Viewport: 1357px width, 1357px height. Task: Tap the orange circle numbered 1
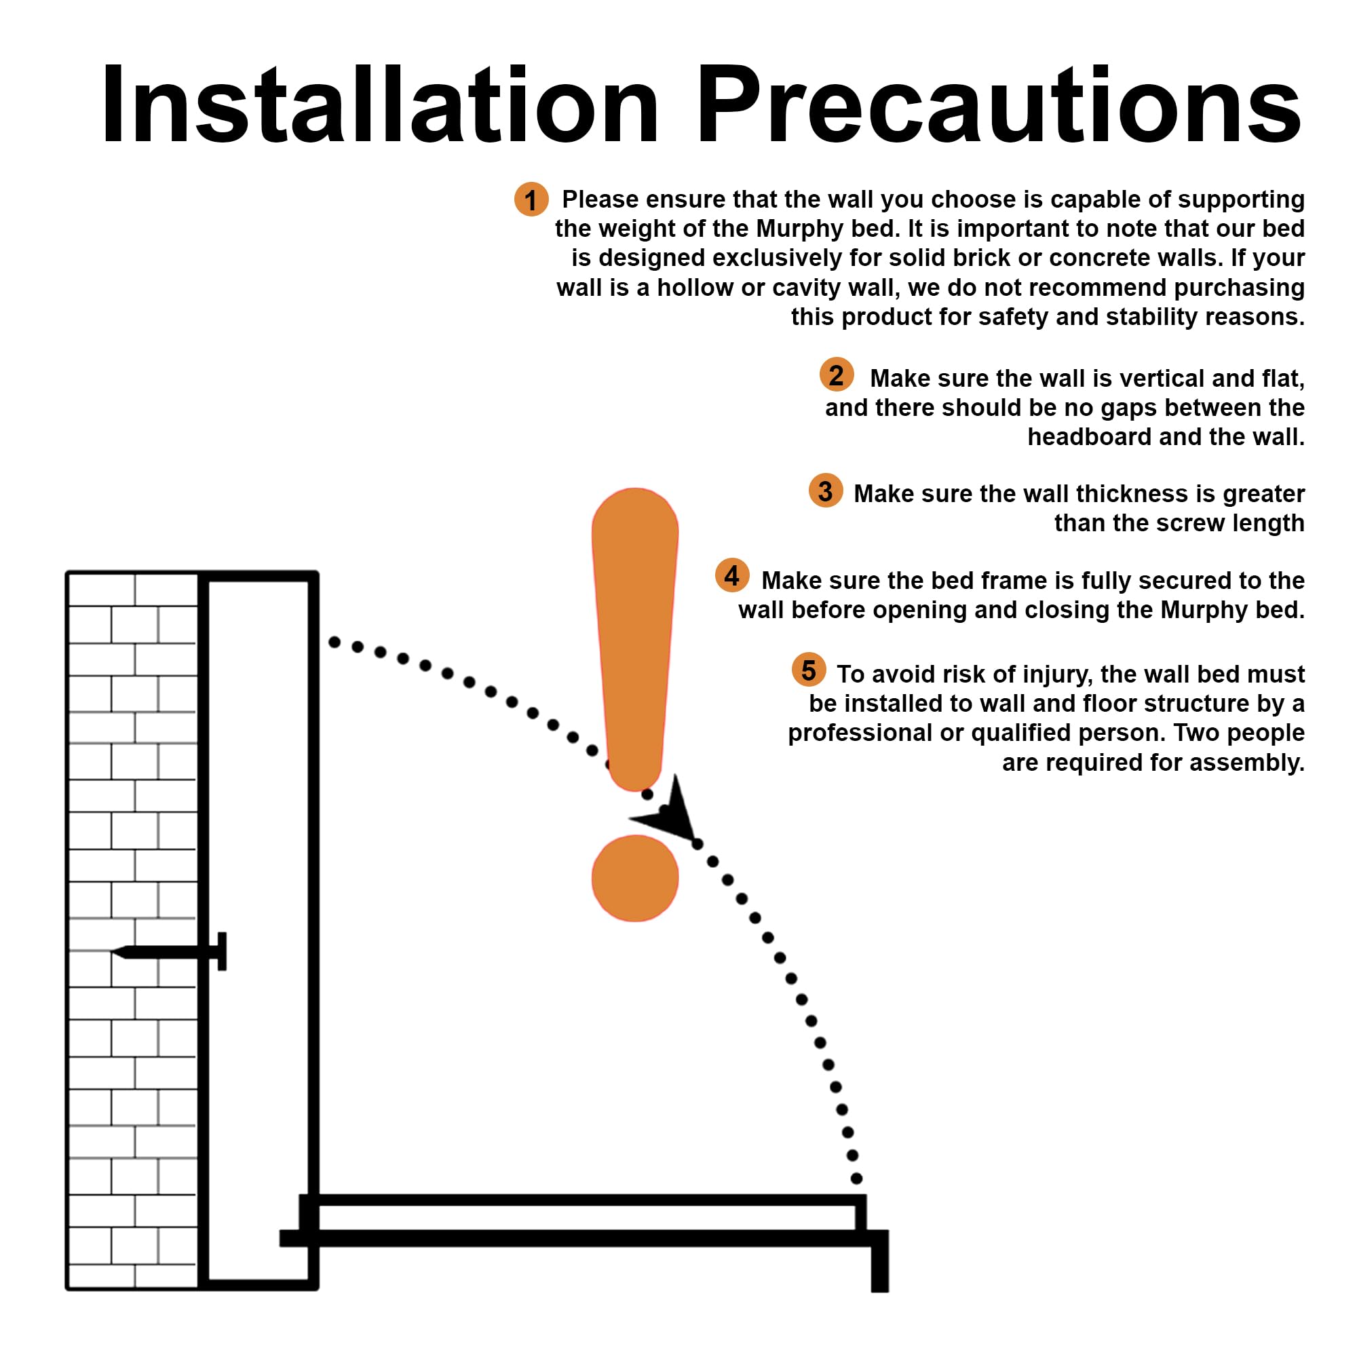pyautogui.click(x=531, y=199)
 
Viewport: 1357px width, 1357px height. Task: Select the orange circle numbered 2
pyautogui.click(x=837, y=375)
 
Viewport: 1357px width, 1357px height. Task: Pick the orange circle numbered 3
pyautogui.click(x=826, y=491)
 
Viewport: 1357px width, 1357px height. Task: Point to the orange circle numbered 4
pyautogui.click(x=732, y=576)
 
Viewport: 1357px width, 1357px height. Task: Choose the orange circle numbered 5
pyautogui.click(x=809, y=670)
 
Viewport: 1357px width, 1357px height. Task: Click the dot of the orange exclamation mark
pyautogui.click(x=635, y=878)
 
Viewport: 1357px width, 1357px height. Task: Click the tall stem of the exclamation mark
pyautogui.click(x=635, y=639)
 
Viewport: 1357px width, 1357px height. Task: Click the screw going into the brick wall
pyautogui.click(x=168, y=952)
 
